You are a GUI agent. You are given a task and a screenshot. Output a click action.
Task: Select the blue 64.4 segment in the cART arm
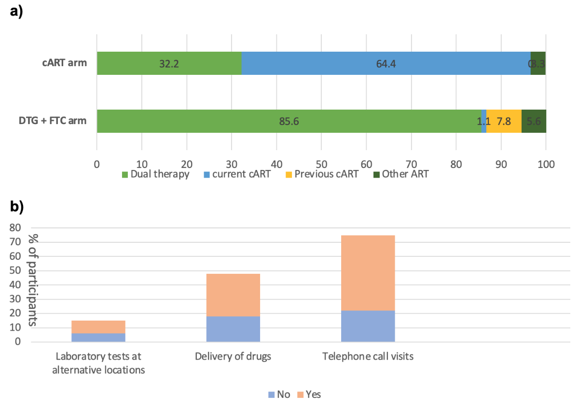[386, 63]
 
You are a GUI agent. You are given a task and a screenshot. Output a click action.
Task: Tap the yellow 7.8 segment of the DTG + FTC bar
[504, 121]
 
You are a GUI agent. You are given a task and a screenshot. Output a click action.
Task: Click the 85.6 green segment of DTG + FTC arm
[289, 121]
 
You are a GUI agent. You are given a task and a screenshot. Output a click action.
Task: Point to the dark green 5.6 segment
[534, 121]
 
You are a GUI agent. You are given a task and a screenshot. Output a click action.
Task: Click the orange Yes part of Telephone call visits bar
[368, 273]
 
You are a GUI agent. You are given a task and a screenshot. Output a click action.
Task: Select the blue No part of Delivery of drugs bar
[233, 329]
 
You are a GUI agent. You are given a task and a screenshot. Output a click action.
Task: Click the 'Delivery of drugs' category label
[233, 357]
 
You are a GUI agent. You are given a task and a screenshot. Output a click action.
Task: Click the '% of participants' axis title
[32, 280]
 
